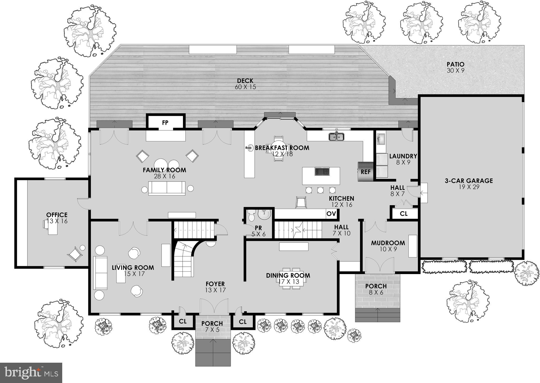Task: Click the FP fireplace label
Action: point(165,123)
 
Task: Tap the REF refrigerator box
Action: point(365,172)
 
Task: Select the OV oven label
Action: point(331,214)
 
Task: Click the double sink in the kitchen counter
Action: point(336,137)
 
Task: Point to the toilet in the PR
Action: point(251,216)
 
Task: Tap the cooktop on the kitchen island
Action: point(322,171)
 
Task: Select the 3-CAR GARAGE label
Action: point(469,181)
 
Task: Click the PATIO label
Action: point(455,64)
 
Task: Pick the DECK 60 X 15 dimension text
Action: point(245,87)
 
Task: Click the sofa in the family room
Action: point(167,188)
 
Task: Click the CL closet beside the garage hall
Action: point(404,214)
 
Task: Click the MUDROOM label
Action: point(388,243)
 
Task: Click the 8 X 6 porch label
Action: point(376,292)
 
